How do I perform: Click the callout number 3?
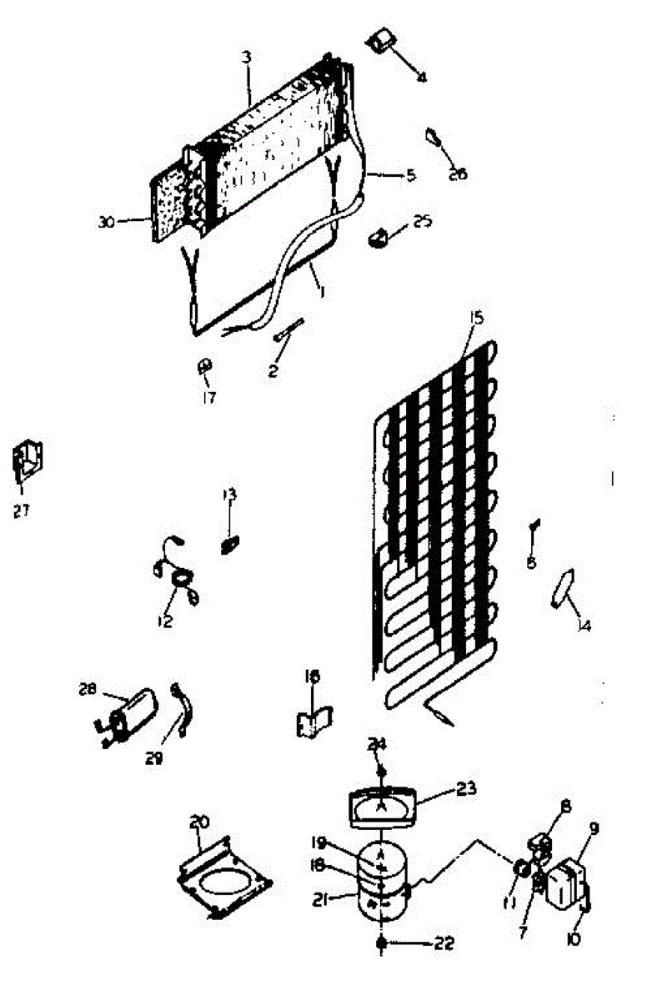tap(247, 57)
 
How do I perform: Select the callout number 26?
tap(458, 174)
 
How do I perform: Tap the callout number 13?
tap(229, 495)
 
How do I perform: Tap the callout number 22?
tap(445, 943)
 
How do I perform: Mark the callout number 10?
tap(574, 939)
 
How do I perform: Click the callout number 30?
tap(105, 221)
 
